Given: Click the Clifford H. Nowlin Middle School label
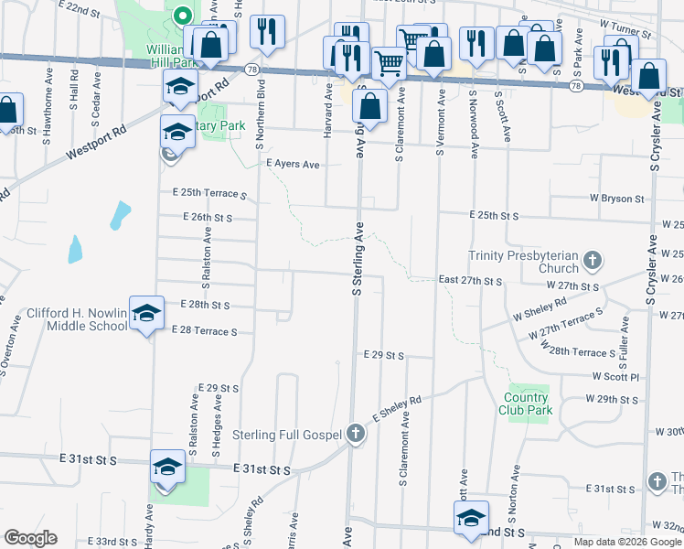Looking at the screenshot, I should tap(77, 318).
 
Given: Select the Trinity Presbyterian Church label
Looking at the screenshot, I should tap(523, 263).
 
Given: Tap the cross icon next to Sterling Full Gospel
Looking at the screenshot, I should tap(357, 434).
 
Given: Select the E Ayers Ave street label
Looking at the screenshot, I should tap(293, 164).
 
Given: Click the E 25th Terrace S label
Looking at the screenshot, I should tap(209, 194).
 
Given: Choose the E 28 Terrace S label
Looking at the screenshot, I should tap(202, 331).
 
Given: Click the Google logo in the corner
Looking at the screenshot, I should tap(30, 538).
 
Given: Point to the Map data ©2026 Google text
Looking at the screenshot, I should tap(627, 542).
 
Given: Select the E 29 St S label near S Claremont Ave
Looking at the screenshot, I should tap(383, 354).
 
